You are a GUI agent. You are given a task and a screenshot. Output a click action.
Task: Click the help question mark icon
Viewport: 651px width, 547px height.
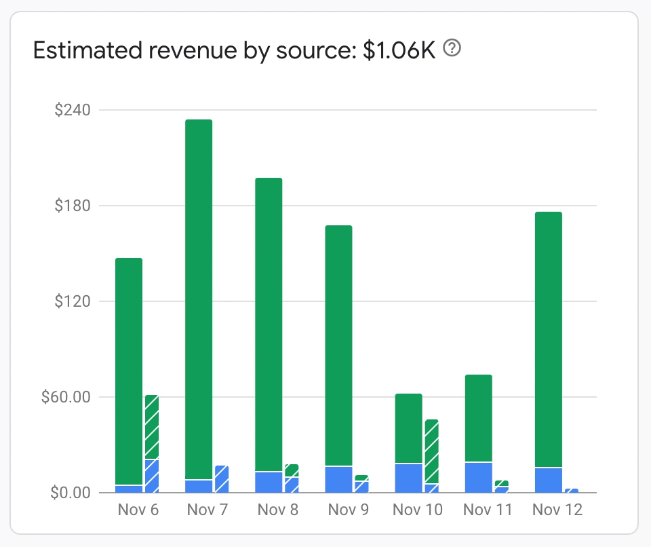(452, 49)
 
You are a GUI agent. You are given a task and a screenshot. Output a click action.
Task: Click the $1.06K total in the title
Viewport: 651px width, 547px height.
(399, 51)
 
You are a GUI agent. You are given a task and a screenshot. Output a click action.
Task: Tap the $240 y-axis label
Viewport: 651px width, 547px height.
(72, 110)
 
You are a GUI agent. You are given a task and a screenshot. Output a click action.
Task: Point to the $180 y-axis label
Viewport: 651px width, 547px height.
(72, 206)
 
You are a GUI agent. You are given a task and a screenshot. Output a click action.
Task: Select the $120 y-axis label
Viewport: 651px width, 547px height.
(72, 301)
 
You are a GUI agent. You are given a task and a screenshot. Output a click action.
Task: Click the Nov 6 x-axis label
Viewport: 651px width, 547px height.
(138, 510)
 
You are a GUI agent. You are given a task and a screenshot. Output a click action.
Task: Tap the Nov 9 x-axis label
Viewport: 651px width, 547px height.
(348, 510)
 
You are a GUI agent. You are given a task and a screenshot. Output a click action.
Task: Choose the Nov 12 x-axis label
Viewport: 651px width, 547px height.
(557, 510)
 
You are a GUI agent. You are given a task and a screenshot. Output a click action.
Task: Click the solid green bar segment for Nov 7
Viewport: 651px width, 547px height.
(199, 299)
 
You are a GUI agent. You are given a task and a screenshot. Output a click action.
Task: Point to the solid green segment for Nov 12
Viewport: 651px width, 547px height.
(549, 339)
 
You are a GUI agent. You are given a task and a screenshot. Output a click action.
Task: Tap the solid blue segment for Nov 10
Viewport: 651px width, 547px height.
(408, 478)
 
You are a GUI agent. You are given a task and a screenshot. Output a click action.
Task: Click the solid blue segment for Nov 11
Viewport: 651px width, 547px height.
(478, 477)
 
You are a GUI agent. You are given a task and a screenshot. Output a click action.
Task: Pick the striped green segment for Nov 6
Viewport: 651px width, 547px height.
(151, 427)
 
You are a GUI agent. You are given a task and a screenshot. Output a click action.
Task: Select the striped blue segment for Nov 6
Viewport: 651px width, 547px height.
(151, 476)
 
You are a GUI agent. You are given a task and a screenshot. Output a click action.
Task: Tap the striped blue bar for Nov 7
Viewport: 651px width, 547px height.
(221, 479)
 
